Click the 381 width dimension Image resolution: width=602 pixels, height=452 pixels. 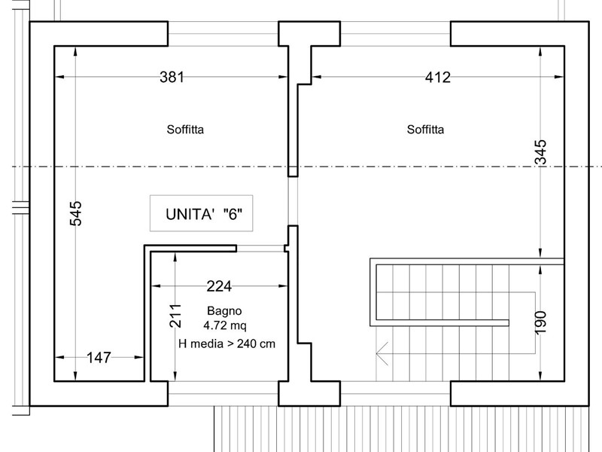point(172,77)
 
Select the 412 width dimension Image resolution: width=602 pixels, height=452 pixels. point(438,78)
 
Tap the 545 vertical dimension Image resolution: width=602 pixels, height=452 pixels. point(76,213)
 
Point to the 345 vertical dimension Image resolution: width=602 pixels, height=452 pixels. point(540,152)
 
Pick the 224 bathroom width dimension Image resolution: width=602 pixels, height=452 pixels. point(219,286)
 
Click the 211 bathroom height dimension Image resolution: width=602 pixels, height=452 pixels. point(175,316)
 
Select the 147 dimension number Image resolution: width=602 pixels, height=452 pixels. point(99,357)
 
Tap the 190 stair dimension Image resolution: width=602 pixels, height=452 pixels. point(540,323)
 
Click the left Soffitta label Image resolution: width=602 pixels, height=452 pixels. point(185,130)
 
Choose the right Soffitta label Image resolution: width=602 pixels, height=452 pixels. point(425,130)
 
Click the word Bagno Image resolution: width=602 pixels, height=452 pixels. point(224,310)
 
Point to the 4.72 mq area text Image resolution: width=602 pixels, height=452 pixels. point(225,325)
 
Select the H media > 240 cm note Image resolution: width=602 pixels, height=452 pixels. point(227,344)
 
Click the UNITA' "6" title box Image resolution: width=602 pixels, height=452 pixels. point(201,213)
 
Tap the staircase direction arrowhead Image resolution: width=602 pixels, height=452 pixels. point(382,353)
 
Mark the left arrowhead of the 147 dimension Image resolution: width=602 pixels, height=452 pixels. point(59,357)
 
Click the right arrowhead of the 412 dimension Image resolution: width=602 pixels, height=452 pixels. point(559,77)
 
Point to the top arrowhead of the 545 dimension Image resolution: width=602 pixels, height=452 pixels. point(76,51)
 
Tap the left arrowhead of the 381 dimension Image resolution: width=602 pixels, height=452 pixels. point(59,77)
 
